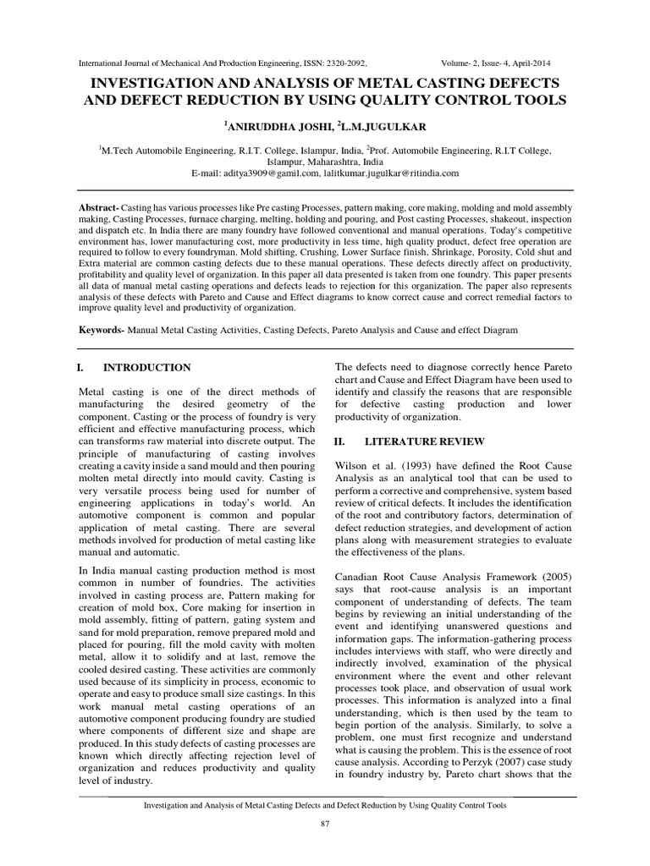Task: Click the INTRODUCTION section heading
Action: pos(146,368)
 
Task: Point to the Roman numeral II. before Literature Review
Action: pos(342,441)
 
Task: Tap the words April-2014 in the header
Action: pos(548,63)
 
